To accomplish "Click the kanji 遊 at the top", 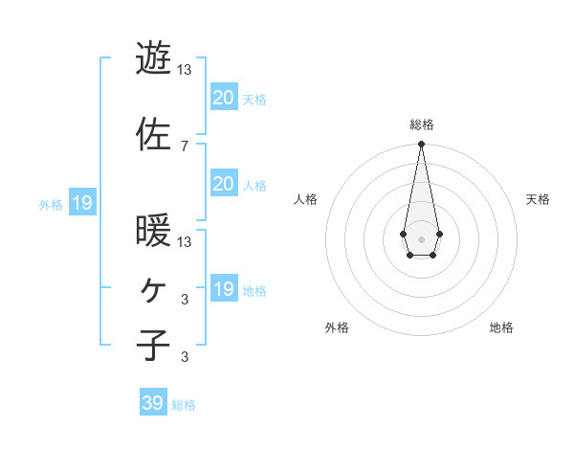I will (153, 59).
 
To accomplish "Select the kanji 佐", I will (153, 135).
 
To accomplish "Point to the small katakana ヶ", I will (153, 289).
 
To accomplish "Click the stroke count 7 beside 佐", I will (184, 146).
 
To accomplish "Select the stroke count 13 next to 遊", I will (185, 70).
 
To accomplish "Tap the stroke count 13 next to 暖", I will (185, 241).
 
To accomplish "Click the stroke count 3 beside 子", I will (184, 357).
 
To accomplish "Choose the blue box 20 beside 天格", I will (223, 98).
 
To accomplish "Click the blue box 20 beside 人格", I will (223, 184).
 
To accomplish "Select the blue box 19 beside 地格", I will (223, 289).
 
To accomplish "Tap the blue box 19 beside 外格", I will (81, 203).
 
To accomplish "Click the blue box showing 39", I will (153, 403).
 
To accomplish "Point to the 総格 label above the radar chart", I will (421, 124).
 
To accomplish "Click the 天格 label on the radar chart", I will (538, 199).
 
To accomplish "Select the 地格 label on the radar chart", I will (501, 327).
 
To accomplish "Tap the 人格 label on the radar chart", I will (305, 199).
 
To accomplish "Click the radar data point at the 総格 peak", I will (421, 144).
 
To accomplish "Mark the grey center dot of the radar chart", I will (421, 238).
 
